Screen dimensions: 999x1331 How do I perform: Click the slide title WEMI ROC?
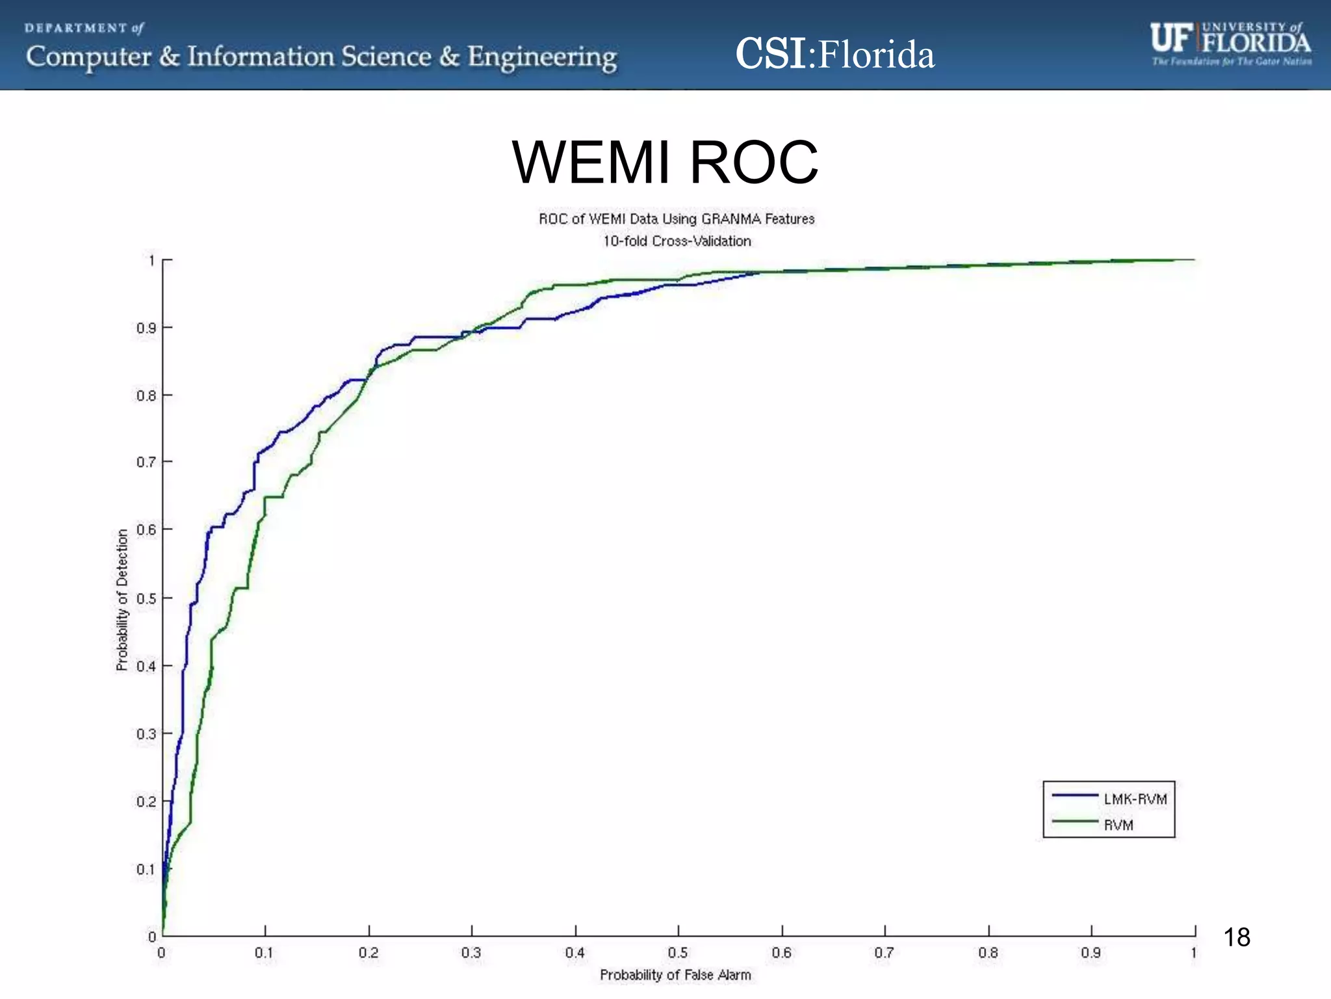point(665,162)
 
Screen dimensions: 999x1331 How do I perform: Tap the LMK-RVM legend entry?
point(1135,799)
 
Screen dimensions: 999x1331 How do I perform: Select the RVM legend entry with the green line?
point(1118,825)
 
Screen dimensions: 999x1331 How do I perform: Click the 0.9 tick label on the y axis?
point(146,328)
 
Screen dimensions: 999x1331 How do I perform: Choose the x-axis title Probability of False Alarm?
point(675,975)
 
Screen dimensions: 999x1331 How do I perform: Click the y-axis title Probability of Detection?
point(122,600)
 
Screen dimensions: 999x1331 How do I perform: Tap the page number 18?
point(1236,937)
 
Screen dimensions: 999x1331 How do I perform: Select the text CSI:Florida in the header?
point(834,54)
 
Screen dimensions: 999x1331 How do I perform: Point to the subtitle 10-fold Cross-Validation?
point(677,241)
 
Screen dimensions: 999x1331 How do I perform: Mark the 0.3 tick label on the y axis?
point(146,734)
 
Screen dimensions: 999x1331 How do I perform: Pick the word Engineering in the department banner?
point(542,57)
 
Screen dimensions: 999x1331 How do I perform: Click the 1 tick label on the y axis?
point(151,261)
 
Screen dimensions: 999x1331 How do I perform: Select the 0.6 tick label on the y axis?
point(146,530)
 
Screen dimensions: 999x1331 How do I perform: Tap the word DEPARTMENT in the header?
point(76,28)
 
